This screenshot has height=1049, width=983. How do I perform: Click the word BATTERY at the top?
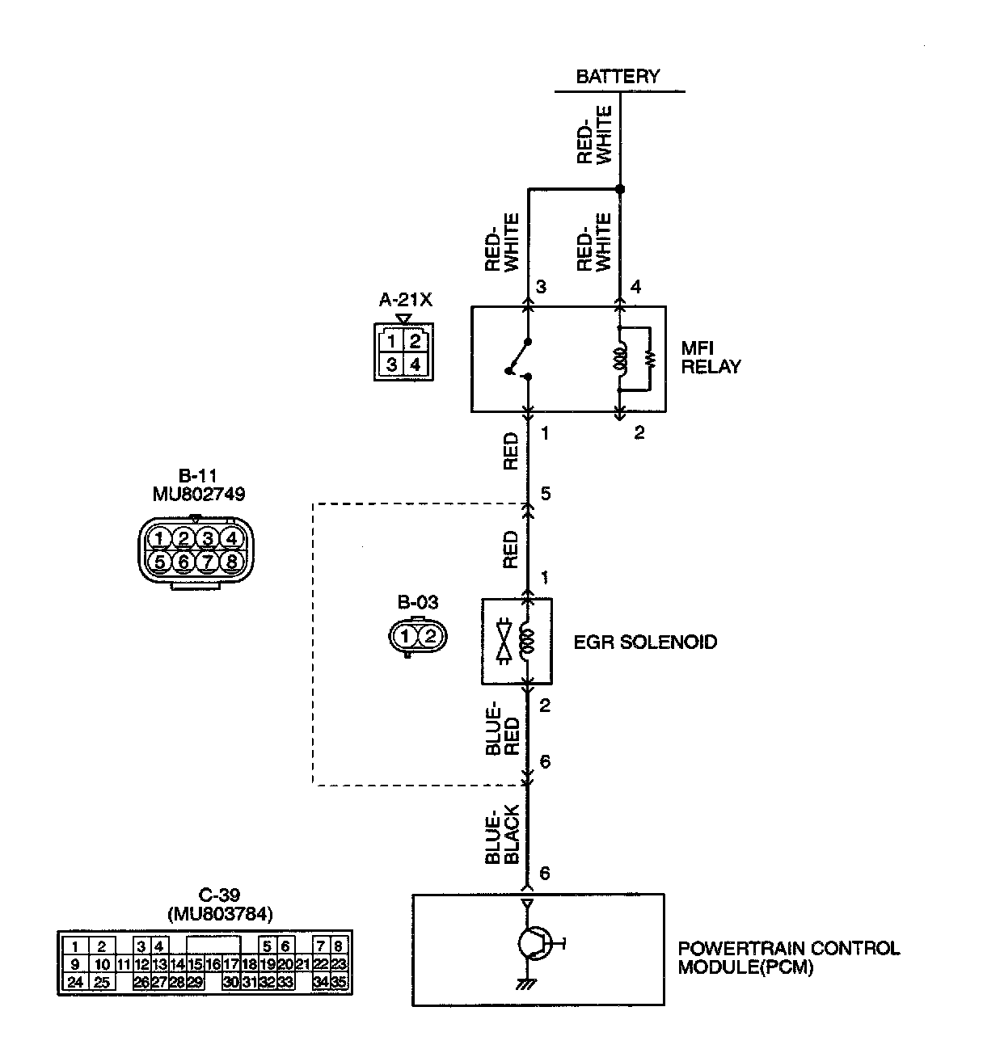coord(618,77)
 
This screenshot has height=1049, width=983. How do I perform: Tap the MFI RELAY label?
coord(711,357)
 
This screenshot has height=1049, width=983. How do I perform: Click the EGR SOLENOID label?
coord(645,642)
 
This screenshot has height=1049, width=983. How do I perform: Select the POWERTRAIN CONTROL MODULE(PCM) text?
coord(788,958)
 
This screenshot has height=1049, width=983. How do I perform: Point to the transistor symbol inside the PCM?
coord(534,942)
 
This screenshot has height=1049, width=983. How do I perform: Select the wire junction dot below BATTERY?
coord(620,190)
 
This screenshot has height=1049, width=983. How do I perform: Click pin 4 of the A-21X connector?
coord(415,365)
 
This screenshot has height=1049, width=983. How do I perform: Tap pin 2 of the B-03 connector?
coord(430,635)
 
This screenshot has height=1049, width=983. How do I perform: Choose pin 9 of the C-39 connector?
coord(74,964)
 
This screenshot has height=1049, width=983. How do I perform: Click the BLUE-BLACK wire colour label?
coord(502,834)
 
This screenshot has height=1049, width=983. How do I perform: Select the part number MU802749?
coord(199,493)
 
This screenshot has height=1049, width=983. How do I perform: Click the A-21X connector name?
coord(406,301)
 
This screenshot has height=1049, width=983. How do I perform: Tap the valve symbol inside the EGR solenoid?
coord(506,642)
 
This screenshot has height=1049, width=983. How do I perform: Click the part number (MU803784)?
coord(220,914)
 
